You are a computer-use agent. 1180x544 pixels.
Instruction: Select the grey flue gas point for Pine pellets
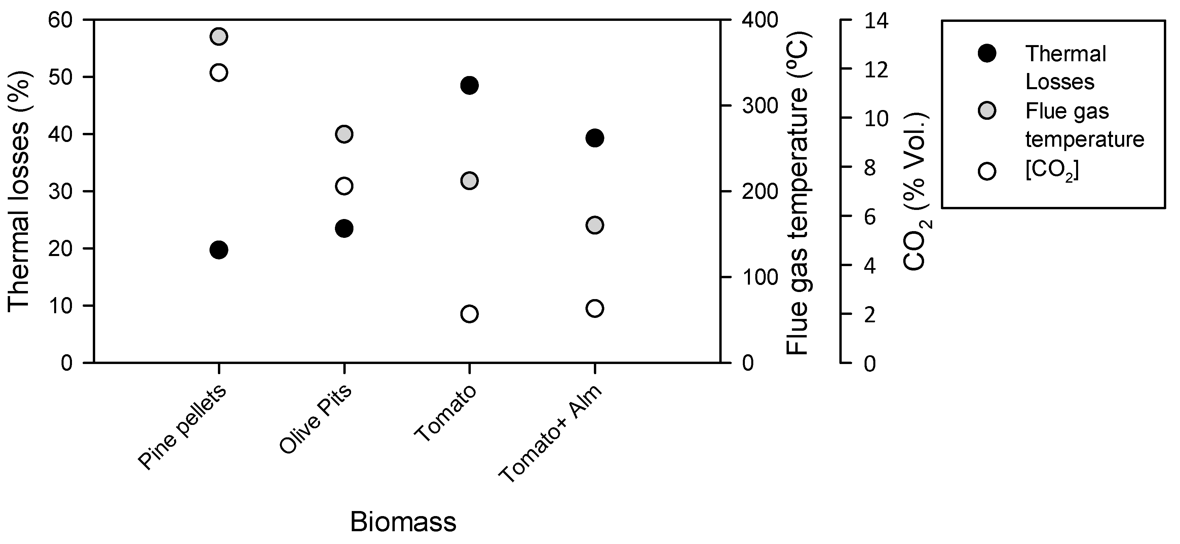tap(219, 36)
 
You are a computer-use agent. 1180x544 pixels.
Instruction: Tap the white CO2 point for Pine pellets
tap(219, 72)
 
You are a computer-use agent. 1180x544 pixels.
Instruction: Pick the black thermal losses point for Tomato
tap(469, 85)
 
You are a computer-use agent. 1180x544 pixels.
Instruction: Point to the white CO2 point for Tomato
tap(469, 314)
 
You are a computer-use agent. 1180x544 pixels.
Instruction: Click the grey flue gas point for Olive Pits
tap(344, 134)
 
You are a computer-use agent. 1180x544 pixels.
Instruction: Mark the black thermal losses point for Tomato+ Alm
tap(595, 138)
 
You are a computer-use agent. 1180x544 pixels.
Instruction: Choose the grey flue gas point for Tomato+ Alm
tap(595, 225)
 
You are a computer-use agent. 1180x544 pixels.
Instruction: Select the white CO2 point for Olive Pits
tap(344, 186)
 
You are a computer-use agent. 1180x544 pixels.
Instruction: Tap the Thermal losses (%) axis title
tap(19, 191)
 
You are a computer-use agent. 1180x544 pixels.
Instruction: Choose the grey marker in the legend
tap(987, 111)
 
